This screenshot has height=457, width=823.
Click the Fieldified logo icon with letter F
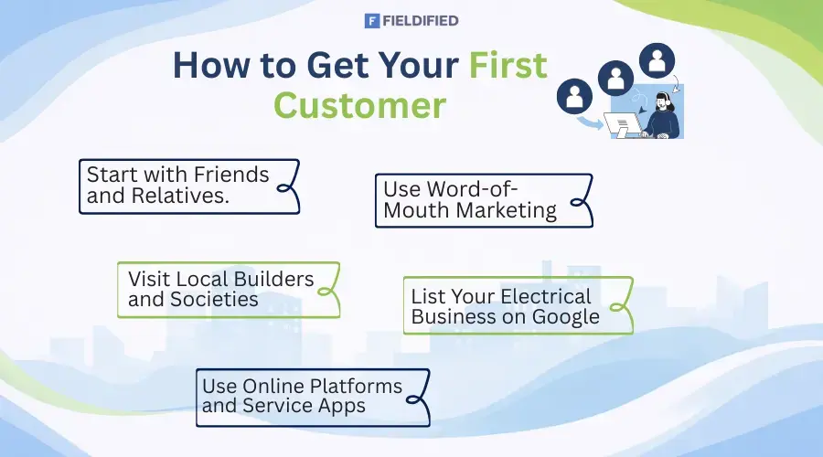tap(371, 20)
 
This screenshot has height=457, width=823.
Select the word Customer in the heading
tap(360, 104)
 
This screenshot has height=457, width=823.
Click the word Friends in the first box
tap(230, 174)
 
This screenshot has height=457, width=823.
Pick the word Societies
tap(214, 300)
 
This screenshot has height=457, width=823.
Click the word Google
tap(567, 317)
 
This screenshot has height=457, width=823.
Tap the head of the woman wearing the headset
tap(663, 100)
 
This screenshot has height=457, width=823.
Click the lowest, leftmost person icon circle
tap(575, 95)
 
